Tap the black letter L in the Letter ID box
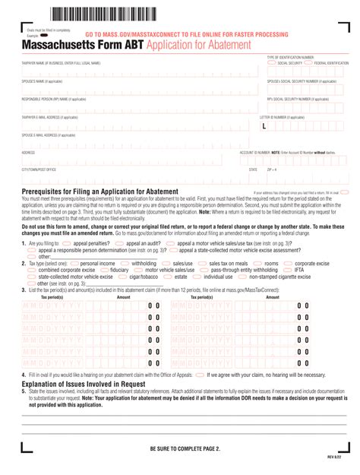(x=264, y=126)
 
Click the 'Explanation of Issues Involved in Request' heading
(x=94, y=385)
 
